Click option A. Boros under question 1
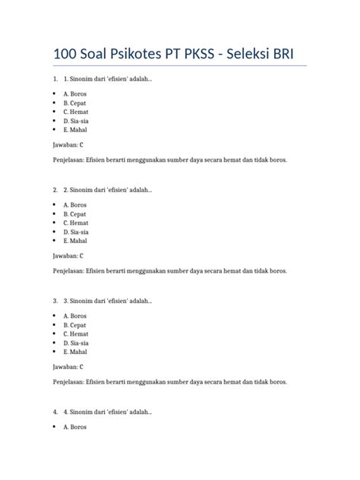coord(75,93)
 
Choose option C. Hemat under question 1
coord(76,112)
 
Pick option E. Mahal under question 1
coord(75,130)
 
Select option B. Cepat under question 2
coord(75,213)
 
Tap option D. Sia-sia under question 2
coord(76,232)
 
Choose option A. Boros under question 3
coord(75,315)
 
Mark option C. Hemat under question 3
coord(76,333)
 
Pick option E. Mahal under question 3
coord(75,352)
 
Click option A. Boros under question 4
coord(75,426)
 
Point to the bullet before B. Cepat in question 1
coord(55,103)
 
